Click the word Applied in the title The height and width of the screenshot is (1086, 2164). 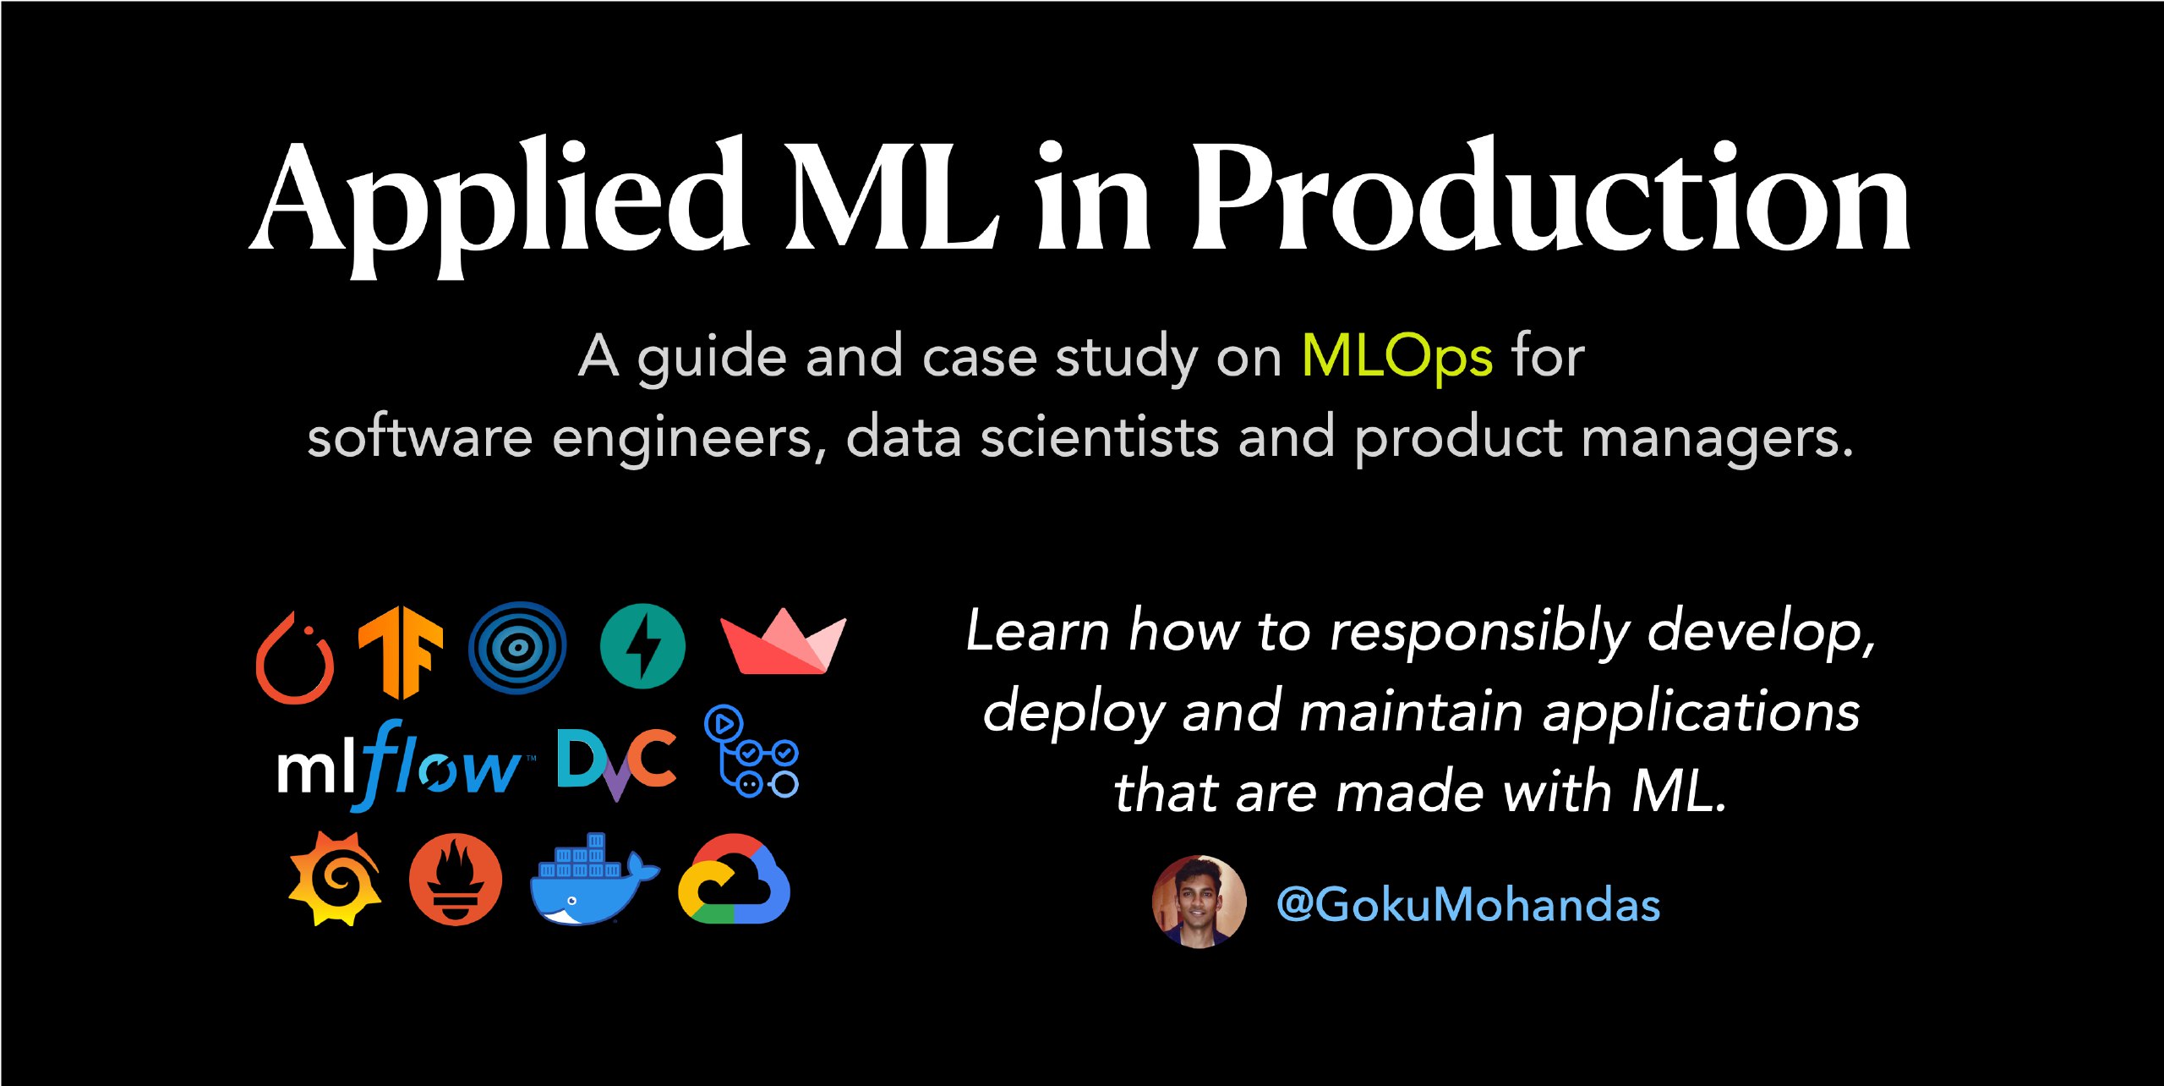click(x=499, y=207)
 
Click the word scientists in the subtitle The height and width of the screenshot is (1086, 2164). click(x=1099, y=437)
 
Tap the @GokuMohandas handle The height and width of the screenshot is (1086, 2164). click(x=1468, y=904)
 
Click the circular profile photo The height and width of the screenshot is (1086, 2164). click(x=1199, y=902)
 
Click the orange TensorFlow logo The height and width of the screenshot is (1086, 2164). click(x=401, y=652)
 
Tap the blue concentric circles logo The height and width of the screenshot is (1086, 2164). click(x=517, y=648)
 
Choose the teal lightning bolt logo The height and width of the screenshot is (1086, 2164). click(x=642, y=646)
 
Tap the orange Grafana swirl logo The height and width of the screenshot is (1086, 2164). click(x=335, y=879)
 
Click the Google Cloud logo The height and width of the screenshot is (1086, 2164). click(x=734, y=879)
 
